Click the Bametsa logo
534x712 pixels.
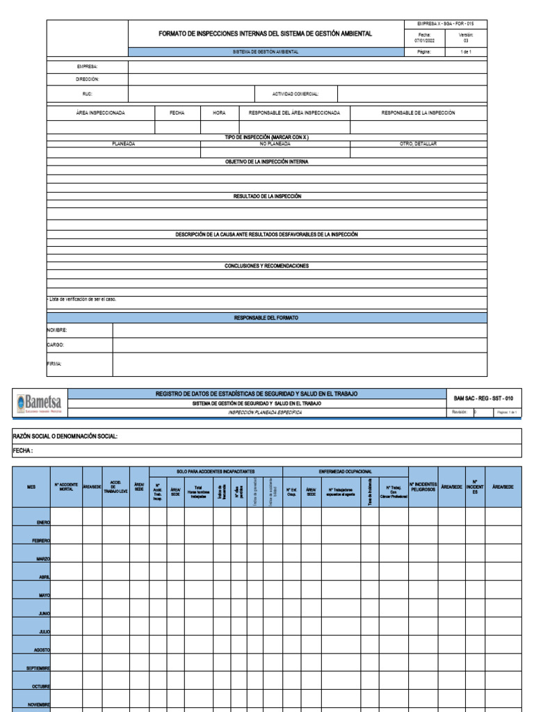coord(38,403)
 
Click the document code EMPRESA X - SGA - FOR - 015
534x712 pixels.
coord(446,24)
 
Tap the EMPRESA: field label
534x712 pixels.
coord(88,67)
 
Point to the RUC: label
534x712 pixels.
coord(87,93)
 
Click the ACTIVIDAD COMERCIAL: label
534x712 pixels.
coord(296,93)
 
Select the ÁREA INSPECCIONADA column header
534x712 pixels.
coord(100,113)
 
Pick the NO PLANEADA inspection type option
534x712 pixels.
coord(275,143)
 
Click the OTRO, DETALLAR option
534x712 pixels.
coord(418,143)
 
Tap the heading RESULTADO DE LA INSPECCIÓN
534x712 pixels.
coord(267,197)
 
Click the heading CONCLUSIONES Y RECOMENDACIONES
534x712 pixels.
coord(267,266)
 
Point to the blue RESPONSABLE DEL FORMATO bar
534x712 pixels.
coord(267,318)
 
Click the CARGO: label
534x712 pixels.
coord(56,344)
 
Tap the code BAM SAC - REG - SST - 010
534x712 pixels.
coord(483,398)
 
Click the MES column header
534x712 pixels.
coord(31,487)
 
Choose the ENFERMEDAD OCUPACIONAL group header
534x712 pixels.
coord(345,471)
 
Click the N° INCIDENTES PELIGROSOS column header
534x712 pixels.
coord(423,487)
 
